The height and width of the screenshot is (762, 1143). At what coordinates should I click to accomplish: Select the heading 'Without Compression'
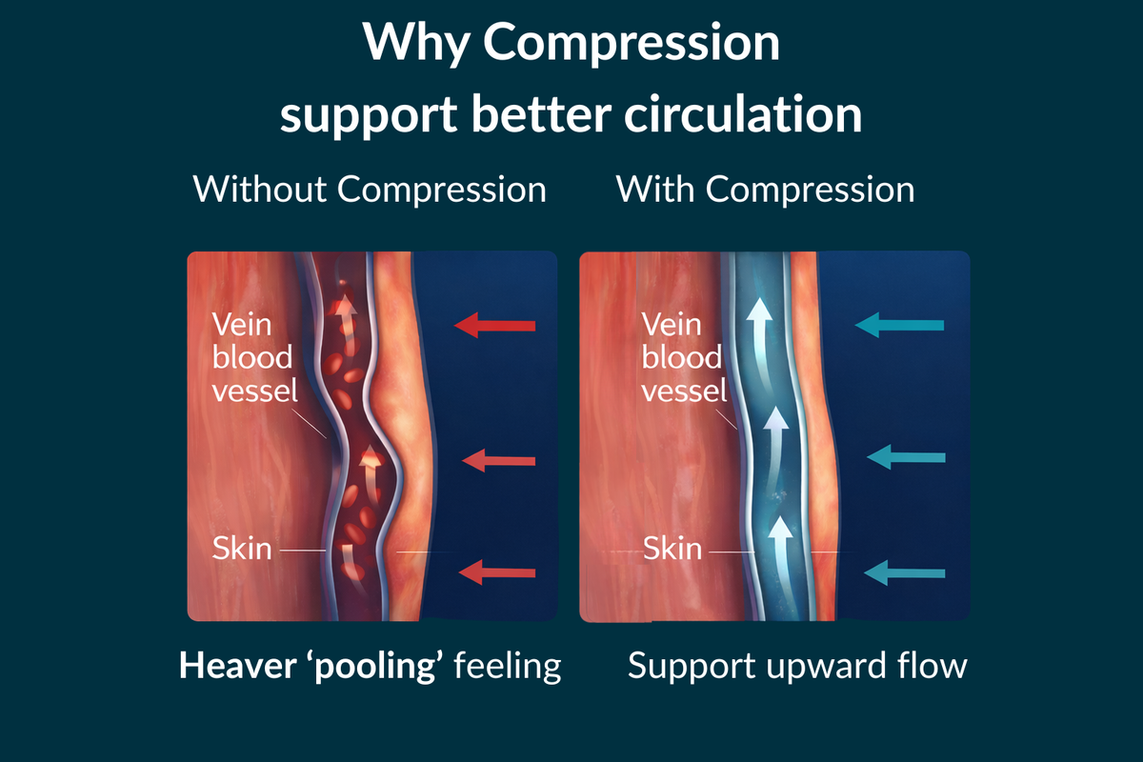click(x=370, y=189)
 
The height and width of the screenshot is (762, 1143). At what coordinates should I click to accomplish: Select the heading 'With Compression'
click(x=766, y=189)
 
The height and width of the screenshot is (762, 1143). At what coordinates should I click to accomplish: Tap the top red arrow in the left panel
click(x=494, y=327)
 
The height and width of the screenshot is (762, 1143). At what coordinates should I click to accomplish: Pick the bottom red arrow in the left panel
click(x=497, y=572)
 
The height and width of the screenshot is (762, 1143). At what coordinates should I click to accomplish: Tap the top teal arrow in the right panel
click(x=899, y=326)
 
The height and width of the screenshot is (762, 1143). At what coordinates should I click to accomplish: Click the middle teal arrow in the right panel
click(x=906, y=457)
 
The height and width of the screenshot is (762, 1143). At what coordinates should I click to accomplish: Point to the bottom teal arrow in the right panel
click(x=904, y=572)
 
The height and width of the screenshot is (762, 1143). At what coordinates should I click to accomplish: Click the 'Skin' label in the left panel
click(x=242, y=549)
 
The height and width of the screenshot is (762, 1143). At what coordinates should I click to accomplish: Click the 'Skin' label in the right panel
click(x=672, y=549)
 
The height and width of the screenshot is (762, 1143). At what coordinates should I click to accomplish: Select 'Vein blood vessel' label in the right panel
click(x=684, y=357)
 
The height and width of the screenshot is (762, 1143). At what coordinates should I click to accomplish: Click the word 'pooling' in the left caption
click(x=381, y=666)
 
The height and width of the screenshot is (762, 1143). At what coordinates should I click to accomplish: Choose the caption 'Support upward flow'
click(x=797, y=666)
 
